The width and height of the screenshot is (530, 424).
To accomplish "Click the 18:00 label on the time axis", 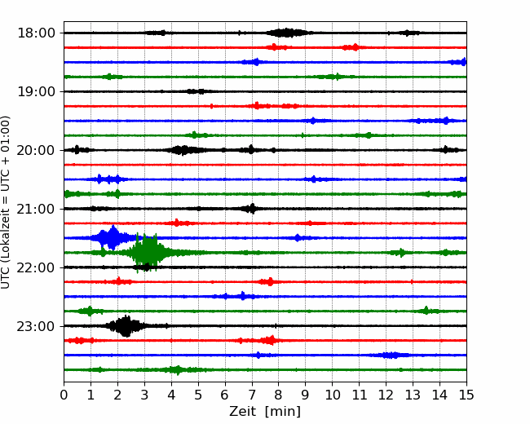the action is point(36,33).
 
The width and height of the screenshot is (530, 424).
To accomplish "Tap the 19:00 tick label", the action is point(36,91).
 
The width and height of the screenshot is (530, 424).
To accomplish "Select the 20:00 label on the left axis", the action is point(36,150).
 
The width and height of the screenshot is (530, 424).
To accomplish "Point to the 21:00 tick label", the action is point(36,209).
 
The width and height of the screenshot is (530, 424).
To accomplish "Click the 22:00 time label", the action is point(36,267).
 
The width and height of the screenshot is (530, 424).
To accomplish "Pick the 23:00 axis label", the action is point(36,326).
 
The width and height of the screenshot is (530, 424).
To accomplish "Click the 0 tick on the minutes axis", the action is point(64,395).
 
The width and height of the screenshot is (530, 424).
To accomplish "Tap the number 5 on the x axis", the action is point(198,395).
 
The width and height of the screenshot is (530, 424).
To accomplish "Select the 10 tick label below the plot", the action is point(332,395).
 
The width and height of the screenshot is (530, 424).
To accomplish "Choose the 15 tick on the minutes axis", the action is point(466,395).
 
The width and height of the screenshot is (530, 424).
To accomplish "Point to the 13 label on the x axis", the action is point(413,395).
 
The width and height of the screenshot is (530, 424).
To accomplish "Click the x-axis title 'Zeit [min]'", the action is point(265,411).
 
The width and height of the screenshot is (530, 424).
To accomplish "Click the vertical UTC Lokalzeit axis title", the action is point(6,202).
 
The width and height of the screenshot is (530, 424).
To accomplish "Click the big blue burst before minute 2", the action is point(111,238).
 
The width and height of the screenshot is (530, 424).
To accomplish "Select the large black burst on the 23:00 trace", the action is point(126,326).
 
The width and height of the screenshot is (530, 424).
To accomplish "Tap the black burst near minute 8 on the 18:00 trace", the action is point(287,33).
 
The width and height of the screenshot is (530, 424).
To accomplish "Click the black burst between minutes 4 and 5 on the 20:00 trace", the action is point(185,150).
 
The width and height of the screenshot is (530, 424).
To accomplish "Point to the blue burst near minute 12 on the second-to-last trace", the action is point(391,355).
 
